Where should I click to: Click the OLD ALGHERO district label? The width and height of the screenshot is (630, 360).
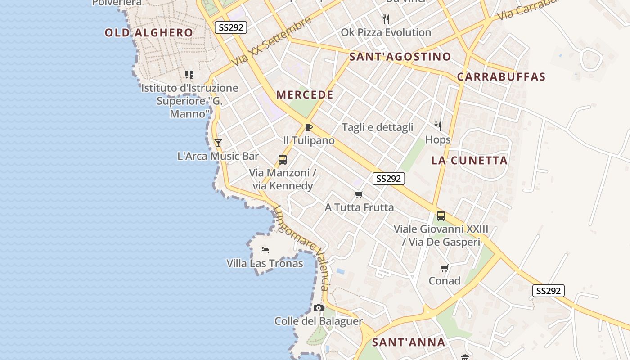(148, 33)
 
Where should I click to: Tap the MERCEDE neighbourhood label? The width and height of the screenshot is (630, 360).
(305, 95)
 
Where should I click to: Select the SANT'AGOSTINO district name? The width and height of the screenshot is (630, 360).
(400, 57)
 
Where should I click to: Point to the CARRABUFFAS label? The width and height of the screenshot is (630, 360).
(501, 77)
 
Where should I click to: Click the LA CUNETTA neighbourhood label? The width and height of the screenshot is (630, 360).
(469, 161)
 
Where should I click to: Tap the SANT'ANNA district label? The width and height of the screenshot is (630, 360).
(409, 342)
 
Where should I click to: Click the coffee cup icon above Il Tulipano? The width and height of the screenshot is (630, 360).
(309, 127)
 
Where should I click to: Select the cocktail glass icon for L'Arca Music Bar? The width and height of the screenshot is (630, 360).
(218, 143)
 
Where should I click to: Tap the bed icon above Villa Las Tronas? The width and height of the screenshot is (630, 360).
(265, 250)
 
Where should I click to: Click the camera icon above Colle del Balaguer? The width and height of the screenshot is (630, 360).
(319, 308)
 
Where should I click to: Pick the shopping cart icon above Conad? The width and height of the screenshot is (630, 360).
(445, 268)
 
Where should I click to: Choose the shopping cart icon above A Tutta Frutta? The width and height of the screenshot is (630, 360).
(359, 195)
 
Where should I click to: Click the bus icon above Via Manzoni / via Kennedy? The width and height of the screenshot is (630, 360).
(283, 159)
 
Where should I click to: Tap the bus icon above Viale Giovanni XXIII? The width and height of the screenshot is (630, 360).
(441, 216)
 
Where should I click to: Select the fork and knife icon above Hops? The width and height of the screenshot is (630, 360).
(438, 126)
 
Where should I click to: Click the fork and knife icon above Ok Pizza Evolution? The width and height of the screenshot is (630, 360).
(386, 19)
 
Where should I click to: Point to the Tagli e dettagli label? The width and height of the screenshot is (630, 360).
(378, 127)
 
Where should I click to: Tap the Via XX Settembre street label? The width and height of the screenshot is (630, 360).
(272, 41)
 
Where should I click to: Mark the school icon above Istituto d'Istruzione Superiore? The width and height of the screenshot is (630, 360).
(189, 75)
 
